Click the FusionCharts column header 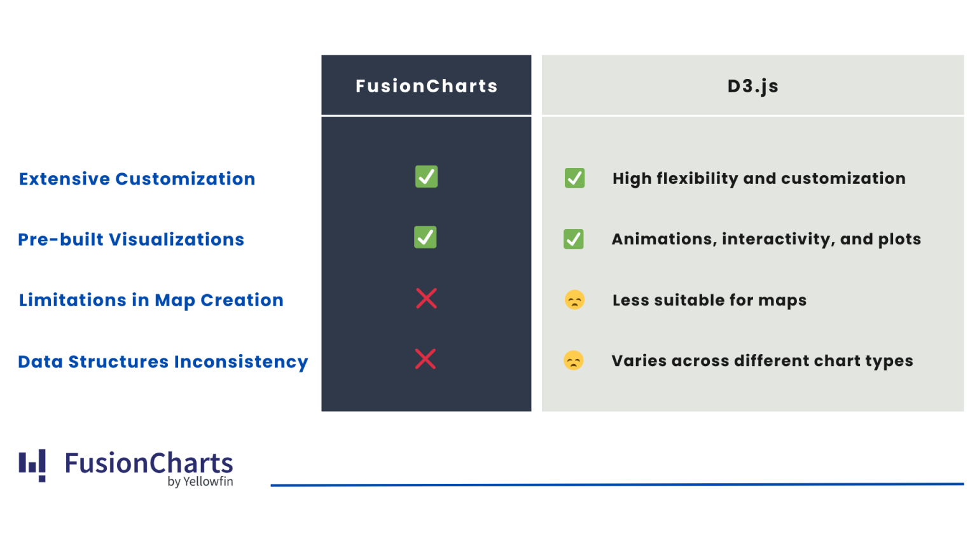(426, 86)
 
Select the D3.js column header (752, 86)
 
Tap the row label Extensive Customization (137, 179)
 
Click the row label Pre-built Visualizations (131, 239)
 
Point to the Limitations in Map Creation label (151, 300)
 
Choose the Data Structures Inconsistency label (163, 362)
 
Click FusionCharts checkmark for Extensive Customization (426, 176)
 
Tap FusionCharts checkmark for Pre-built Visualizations (426, 237)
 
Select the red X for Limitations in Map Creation (426, 298)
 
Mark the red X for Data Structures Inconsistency (426, 359)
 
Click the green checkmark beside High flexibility (574, 178)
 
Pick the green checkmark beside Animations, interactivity (574, 239)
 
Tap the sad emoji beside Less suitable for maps (574, 300)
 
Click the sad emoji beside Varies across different (574, 361)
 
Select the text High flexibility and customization (759, 178)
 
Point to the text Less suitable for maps (709, 300)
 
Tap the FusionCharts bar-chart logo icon (32, 465)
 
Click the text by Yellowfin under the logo (200, 482)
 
